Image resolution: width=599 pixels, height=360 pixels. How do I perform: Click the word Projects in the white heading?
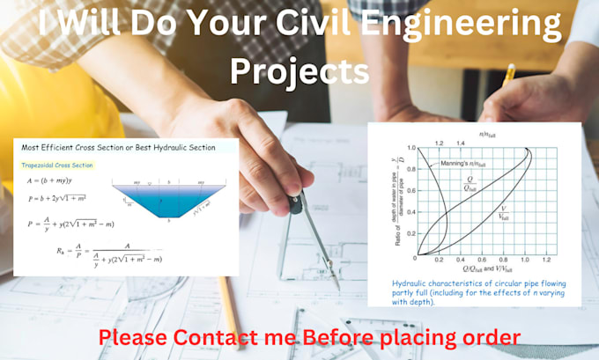(299, 70)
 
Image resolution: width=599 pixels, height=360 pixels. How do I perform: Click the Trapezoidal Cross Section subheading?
(57, 165)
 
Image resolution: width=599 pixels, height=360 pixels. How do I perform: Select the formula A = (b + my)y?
(57, 181)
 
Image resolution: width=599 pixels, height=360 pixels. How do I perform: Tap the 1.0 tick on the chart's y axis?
(411, 148)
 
